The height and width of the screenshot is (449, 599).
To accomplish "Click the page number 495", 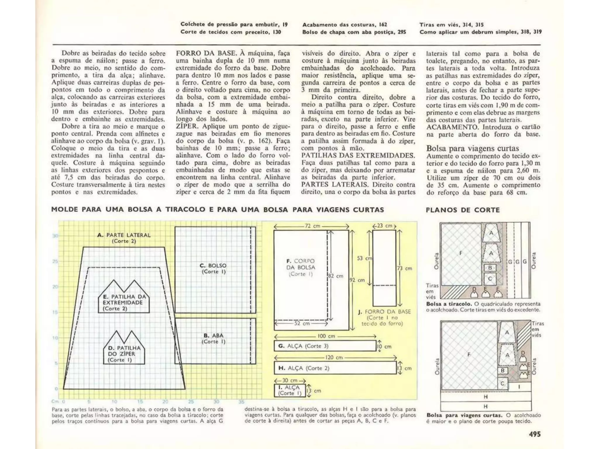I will (535, 434).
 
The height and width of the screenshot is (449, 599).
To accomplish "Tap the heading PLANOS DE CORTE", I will (463, 210).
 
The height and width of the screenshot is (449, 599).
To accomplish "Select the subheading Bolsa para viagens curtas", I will (472, 148).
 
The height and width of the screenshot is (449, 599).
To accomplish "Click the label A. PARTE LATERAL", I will (124, 235).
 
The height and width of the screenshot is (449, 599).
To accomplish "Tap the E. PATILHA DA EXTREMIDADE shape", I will (123, 301).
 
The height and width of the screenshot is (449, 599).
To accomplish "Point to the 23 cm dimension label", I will (384, 226).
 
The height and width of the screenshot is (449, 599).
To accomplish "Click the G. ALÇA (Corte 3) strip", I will (325, 346).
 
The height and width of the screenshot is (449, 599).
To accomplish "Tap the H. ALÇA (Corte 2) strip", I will (335, 368).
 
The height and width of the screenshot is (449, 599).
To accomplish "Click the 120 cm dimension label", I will (334, 358).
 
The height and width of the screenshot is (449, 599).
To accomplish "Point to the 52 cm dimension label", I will (302, 324).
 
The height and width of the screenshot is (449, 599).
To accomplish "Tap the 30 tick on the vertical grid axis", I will (55, 236).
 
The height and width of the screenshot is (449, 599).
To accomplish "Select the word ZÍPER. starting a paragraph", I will (188, 126).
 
